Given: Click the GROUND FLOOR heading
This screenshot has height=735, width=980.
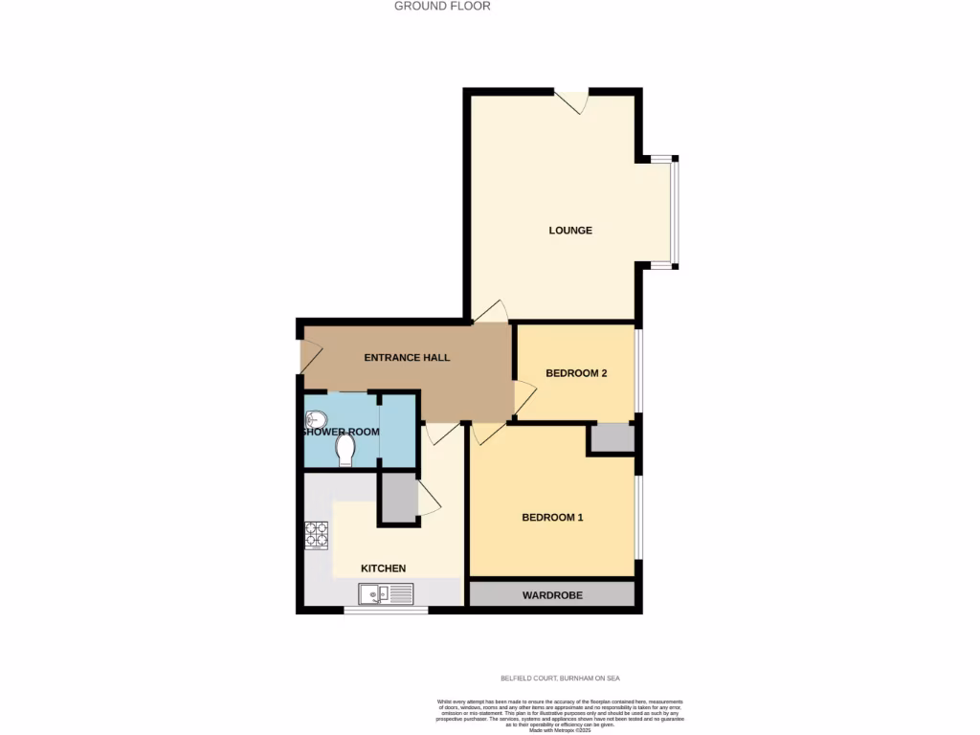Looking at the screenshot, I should click(442, 6).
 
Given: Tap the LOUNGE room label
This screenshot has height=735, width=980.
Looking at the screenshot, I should click(570, 231).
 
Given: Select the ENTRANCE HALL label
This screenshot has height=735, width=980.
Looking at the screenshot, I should click(407, 358).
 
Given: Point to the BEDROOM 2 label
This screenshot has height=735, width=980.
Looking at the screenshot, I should click(576, 373).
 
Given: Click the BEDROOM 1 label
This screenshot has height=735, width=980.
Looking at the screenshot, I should click(552, 518).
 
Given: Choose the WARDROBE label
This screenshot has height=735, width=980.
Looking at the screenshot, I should click(552, 595).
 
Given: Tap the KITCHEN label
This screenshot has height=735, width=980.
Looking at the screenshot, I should click(383, 568).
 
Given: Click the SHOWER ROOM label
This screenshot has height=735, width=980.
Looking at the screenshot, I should click(341, 432).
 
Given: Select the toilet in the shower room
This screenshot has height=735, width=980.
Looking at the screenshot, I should click(345, 449).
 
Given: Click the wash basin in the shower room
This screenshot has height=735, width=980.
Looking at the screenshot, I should click(317, 418).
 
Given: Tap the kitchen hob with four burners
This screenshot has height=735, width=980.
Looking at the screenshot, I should click(316, 535).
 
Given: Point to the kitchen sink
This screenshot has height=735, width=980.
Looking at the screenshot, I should click(386, 594).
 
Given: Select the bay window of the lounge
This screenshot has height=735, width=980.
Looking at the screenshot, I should click(672, 211).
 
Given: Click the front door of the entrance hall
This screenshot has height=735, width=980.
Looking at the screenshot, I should click(309, 356).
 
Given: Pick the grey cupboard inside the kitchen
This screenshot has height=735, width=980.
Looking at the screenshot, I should click(397, 498).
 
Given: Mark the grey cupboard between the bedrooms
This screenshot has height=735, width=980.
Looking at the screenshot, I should click(612, 437).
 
